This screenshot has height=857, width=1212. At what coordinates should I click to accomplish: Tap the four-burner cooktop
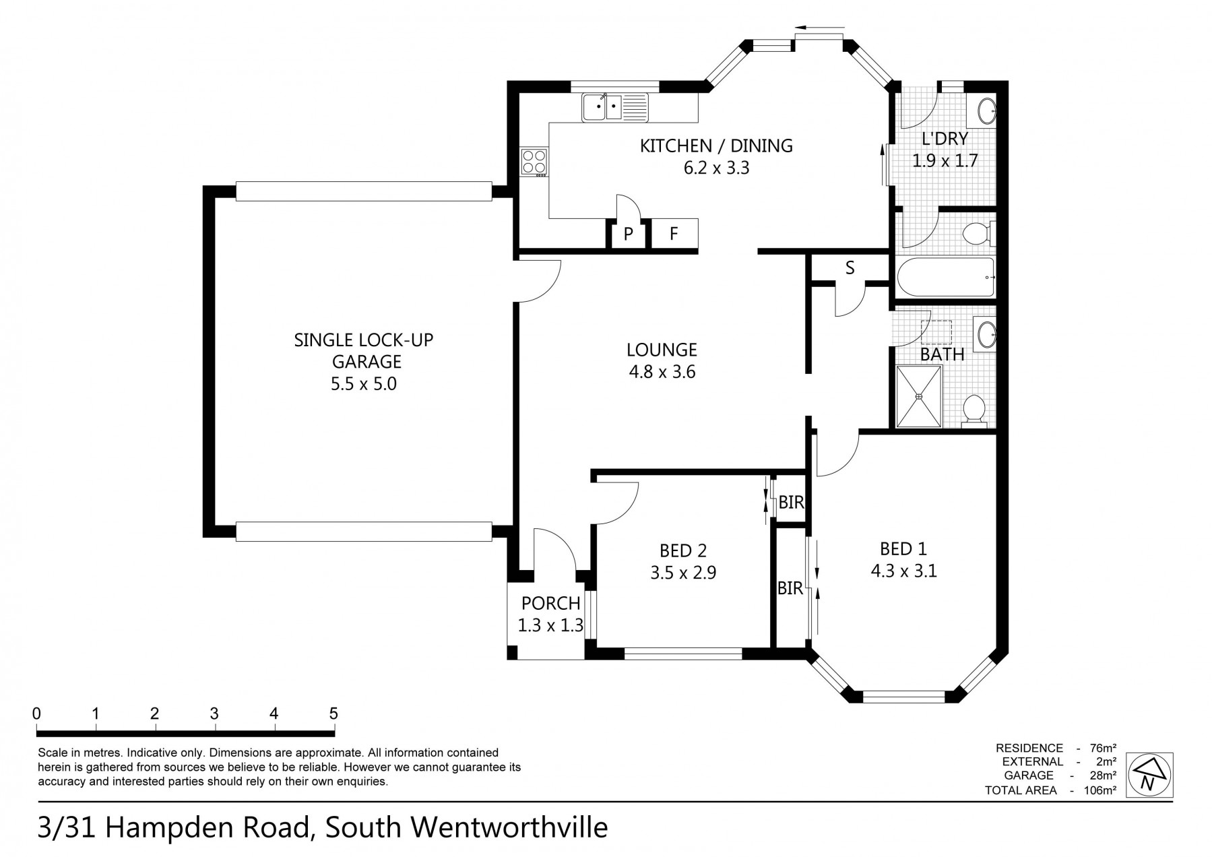(534, 162)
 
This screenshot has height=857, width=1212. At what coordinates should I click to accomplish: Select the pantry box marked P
(628, 234)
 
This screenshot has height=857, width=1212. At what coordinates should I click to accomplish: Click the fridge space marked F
(674, 234)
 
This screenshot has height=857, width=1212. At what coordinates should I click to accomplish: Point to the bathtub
(946, 278)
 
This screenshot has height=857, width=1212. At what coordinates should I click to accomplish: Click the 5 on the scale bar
(333, 713)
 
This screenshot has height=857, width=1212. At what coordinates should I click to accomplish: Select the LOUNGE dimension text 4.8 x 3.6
(662, 371)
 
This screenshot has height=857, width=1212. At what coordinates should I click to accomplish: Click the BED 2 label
(683, 550)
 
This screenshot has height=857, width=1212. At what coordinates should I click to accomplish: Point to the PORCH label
(551, 603)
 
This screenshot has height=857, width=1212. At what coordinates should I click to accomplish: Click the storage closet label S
(850, 268)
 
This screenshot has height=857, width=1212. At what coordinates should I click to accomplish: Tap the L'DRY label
(945, 139)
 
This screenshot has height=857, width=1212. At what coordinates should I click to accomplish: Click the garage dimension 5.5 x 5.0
(363, 384)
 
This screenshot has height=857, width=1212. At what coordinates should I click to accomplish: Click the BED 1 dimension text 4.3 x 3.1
(904, 571)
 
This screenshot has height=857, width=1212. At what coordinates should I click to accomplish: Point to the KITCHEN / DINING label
(716, 146)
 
